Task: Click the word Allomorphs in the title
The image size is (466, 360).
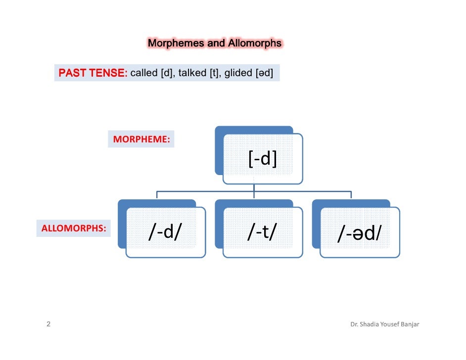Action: (255, 43)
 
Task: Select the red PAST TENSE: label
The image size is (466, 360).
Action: (93, 73)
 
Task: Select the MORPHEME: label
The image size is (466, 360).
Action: (141, 140)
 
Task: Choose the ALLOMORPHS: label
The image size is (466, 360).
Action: (73, 228)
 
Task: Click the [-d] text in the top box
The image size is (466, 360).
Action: (262, 159)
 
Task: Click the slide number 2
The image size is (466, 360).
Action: (48, 325)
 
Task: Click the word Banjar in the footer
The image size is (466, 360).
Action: (410, 325)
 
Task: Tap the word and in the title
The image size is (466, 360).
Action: (216, 43)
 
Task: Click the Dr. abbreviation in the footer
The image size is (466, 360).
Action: (354, 325)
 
